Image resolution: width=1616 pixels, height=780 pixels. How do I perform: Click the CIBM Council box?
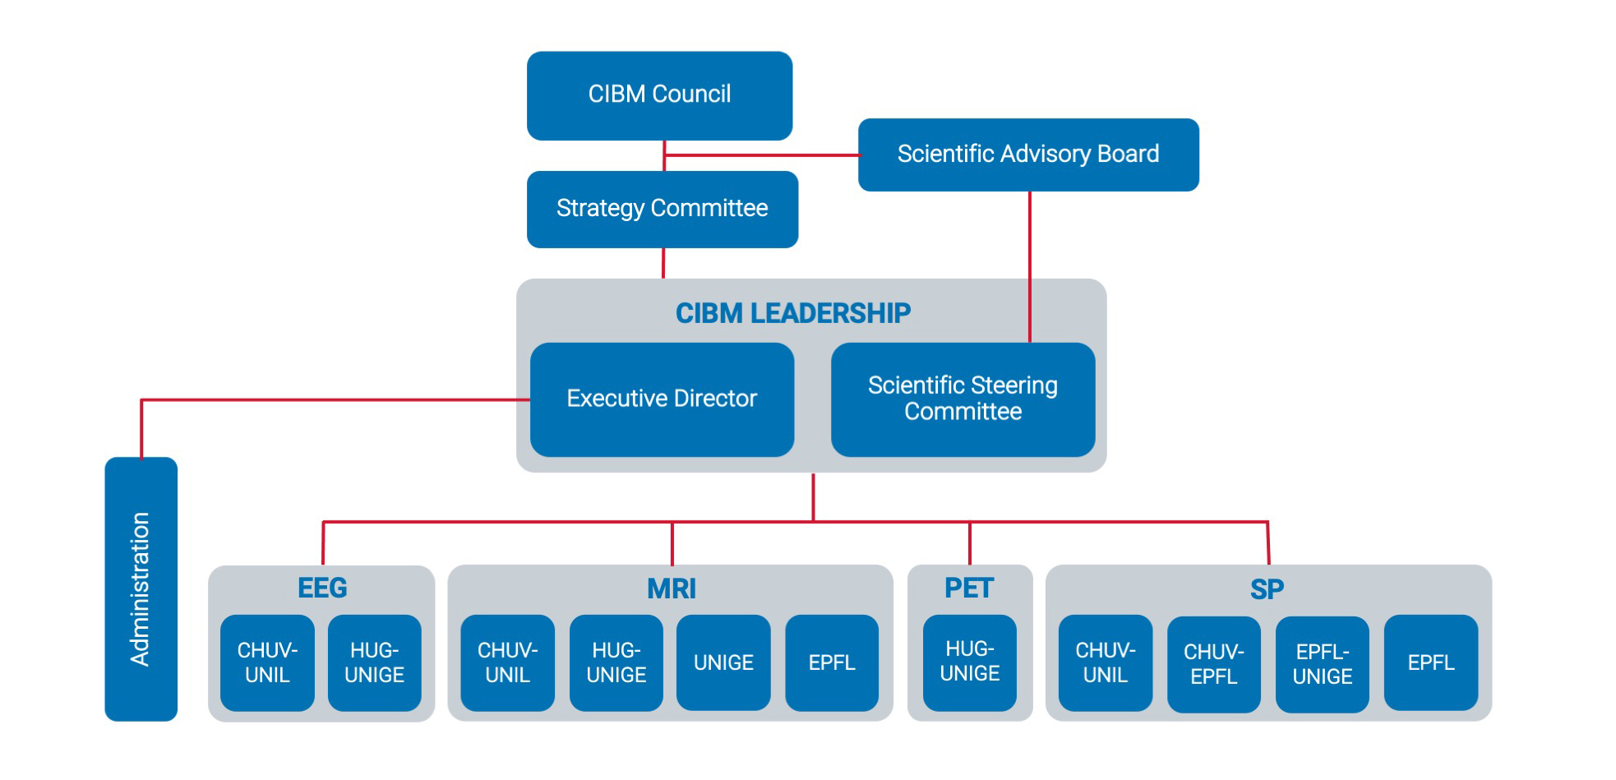point(659,95)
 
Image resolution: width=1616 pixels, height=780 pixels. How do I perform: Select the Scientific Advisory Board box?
point(1028,155)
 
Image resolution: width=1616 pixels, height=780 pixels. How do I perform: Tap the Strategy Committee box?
point(663,209)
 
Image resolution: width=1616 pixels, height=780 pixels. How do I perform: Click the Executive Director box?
point(662,399)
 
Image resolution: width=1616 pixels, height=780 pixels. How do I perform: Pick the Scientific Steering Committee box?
point(963,399)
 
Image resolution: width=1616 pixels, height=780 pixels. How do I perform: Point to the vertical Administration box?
point(141,588)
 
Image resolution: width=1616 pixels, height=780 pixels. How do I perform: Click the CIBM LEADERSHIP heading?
point(793,313)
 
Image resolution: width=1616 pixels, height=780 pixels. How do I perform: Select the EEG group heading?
point(322,588)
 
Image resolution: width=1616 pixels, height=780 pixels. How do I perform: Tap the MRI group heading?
point(672,588)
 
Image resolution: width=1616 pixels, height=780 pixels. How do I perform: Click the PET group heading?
point(969,588)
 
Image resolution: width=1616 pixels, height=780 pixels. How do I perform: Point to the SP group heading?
point(1267,589)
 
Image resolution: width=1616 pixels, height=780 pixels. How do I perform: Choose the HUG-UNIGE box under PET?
point(970,662)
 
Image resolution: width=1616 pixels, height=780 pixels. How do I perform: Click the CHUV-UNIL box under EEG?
point(267,662)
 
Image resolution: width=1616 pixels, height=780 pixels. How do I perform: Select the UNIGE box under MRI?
point(723,662)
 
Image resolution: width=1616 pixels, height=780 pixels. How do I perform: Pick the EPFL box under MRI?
point(832,662)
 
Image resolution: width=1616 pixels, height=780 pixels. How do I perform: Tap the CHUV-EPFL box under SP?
point(1214,664)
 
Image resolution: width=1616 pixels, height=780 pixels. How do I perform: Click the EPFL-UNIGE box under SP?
point(1323,664)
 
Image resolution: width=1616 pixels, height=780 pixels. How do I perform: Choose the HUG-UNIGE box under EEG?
point(375,662)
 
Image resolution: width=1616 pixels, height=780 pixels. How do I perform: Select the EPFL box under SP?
point(1431,662)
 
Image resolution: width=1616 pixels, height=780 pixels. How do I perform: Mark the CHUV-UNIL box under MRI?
point(508,662)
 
